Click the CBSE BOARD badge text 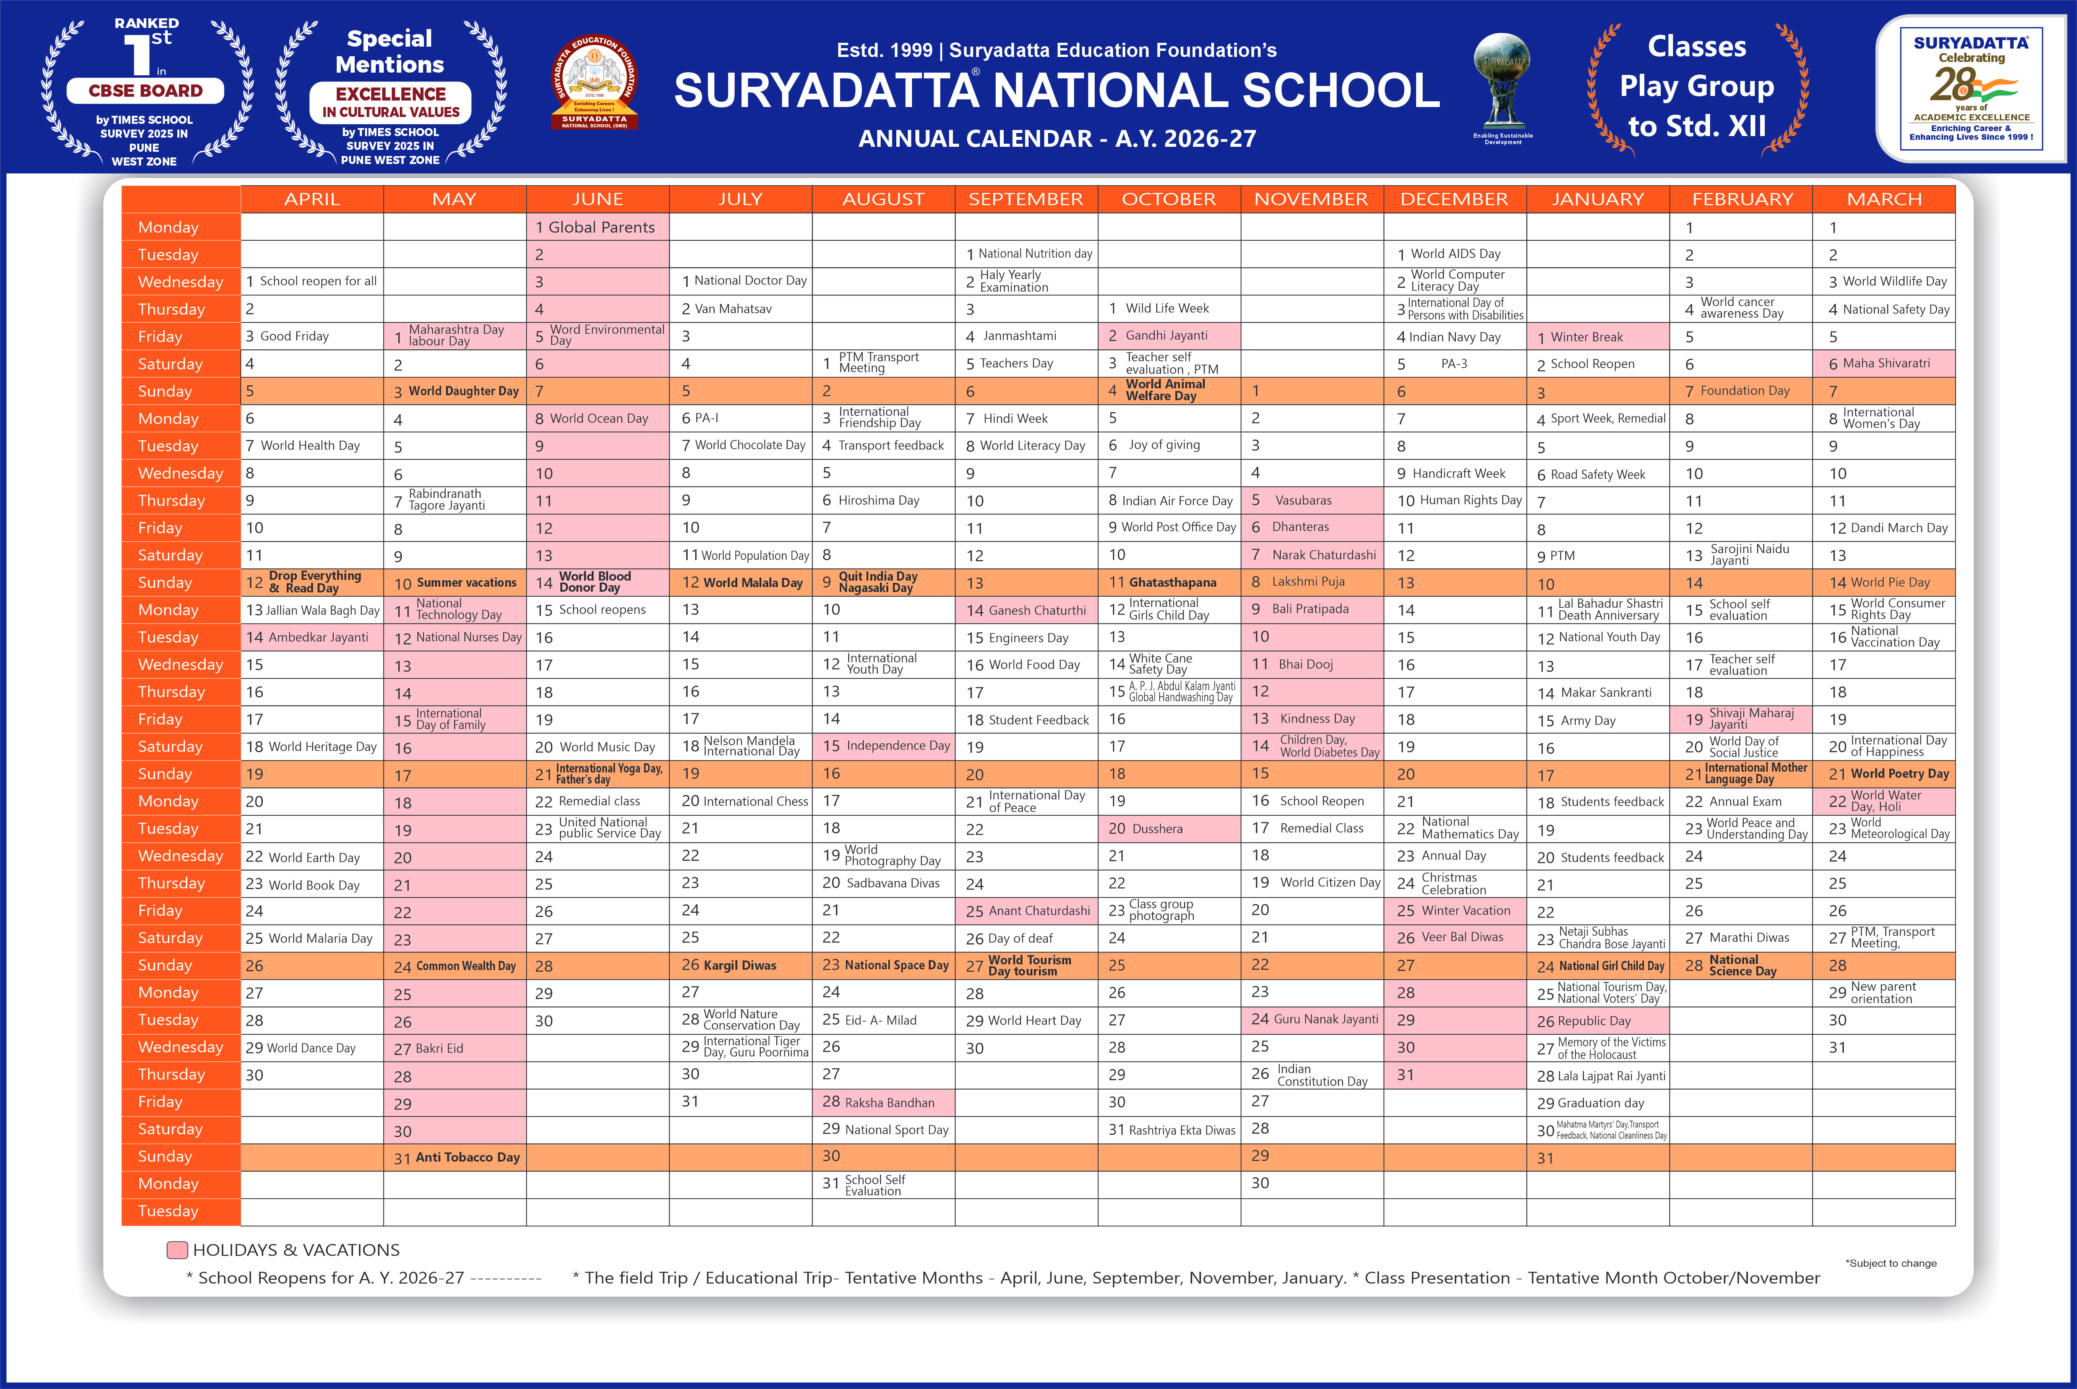(145, 90)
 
